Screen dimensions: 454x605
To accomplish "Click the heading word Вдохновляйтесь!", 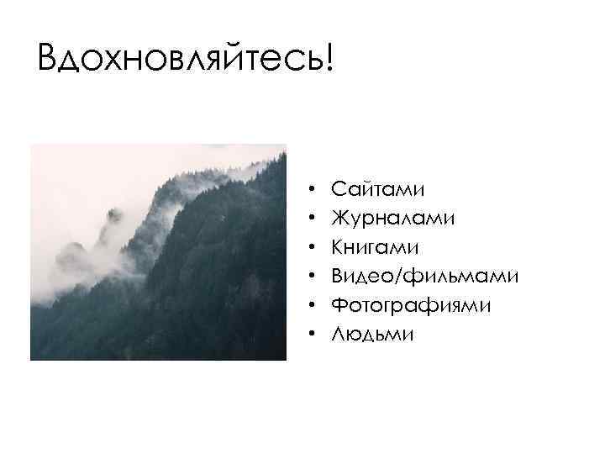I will click(185, 58).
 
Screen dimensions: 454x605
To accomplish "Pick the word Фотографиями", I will click(411, 305).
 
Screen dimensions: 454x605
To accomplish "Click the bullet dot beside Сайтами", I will click(311, 190).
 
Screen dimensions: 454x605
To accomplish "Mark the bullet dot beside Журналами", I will click(311, 219).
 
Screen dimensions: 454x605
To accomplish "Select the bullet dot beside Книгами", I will click(311, 248).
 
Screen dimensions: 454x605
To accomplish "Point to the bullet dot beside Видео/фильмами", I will click(311, 277).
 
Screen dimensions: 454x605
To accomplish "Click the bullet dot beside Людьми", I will click(311, 335).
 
